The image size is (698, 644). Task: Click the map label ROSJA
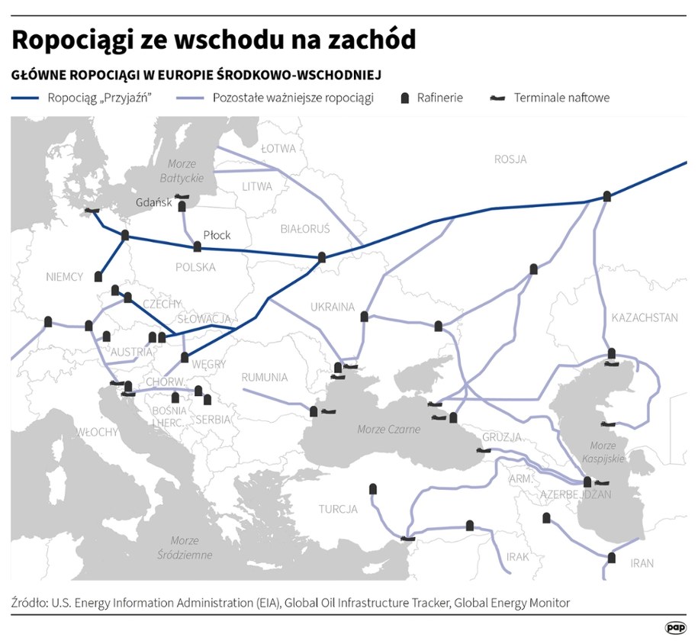pos(510,159)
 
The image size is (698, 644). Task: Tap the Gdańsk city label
pos(148,203)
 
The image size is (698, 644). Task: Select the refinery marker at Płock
pos(198,246)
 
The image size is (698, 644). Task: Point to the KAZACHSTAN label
pos(645,317)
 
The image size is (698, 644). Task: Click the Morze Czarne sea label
pos(389,430)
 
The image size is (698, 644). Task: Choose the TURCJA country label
pos(338,509)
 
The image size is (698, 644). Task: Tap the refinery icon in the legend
pos(405,98)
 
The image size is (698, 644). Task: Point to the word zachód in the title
pos(371,40)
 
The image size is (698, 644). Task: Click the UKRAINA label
pos(333,307)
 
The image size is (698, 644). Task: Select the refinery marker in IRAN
pos(611,558)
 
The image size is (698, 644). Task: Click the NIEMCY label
pos(64,276)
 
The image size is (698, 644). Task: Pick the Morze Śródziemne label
pos(185,547)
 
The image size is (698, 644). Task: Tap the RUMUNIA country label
pos(265,377)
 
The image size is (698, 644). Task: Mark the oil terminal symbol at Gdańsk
pos(181,197)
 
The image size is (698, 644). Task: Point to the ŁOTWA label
pos(278,148)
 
